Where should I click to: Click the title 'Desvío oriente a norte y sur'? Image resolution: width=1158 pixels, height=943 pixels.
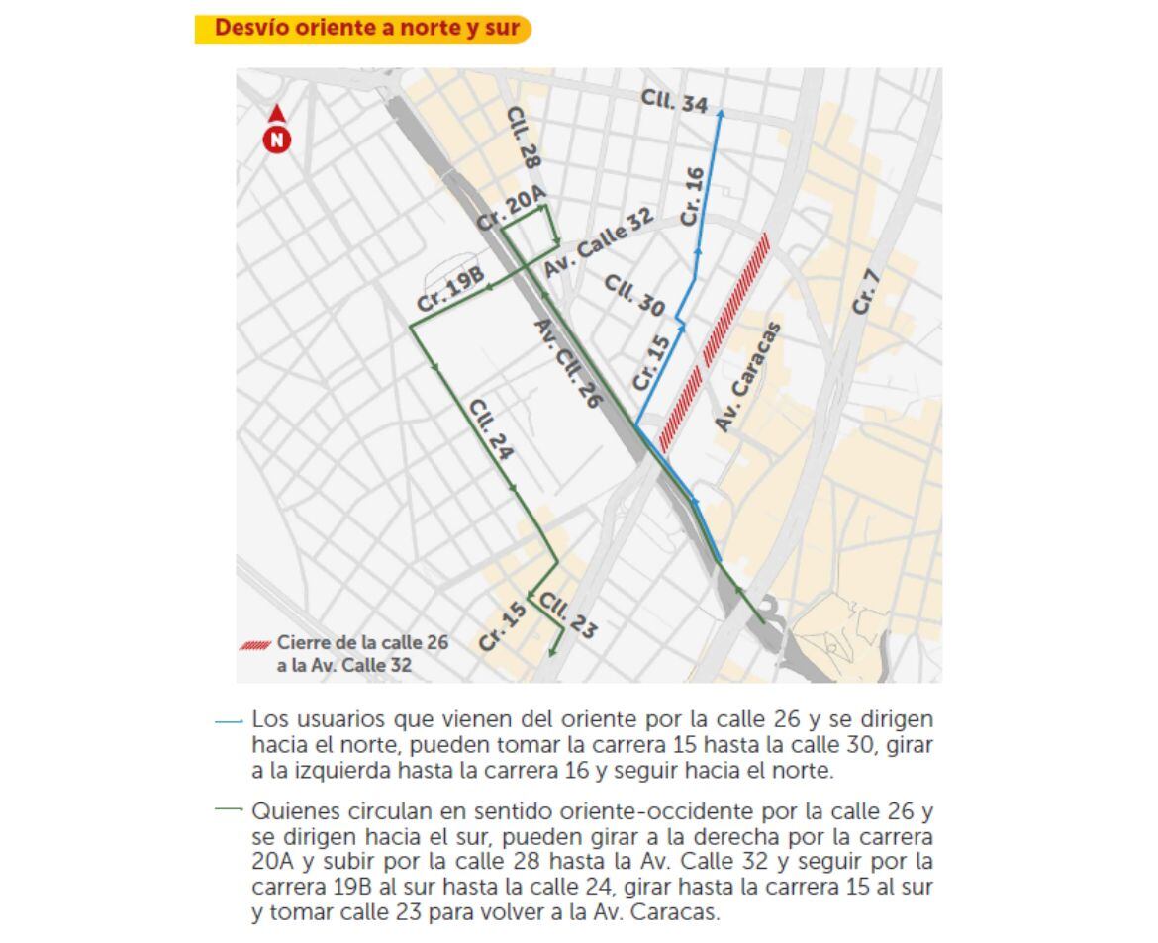tap(366, 28)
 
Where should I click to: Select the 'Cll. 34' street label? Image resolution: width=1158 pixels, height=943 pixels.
tap(674, 100)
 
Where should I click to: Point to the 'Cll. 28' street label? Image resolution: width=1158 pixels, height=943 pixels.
tap(524, 138)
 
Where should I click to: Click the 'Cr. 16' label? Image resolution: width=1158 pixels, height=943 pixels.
tap(692, 196)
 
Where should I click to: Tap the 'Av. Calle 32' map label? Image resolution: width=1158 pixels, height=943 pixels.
tap(599, 243)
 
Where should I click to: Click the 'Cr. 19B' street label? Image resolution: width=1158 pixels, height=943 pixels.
tap(450, 290)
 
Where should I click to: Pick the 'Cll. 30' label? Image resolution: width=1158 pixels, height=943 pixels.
tap(633, 296)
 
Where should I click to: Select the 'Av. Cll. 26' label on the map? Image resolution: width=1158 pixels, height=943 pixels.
tap(568, 363)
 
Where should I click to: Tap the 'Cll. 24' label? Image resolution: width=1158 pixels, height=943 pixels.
tap(491, 429)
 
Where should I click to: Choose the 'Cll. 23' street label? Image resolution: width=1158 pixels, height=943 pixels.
tap(568, 615)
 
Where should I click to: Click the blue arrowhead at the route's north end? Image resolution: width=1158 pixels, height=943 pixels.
tap(720, 114)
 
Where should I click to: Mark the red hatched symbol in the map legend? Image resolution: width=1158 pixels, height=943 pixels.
tap(255, 644)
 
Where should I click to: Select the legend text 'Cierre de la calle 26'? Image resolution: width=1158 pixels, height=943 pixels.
tap(362, 642)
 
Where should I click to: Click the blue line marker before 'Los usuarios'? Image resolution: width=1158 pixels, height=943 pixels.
tap(229, 722)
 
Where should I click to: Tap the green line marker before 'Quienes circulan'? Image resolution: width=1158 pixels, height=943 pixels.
tap(229, 809)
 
